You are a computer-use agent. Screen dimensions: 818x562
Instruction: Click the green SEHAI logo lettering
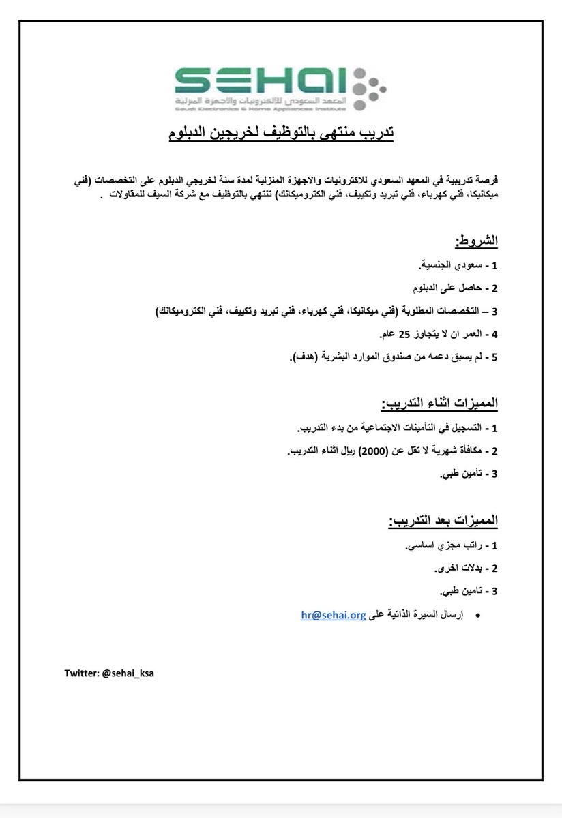tap(261, 82)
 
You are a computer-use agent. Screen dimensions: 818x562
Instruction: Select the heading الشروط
tap(476, 241)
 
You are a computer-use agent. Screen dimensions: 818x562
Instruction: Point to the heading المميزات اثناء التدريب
tap(443, 404)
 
